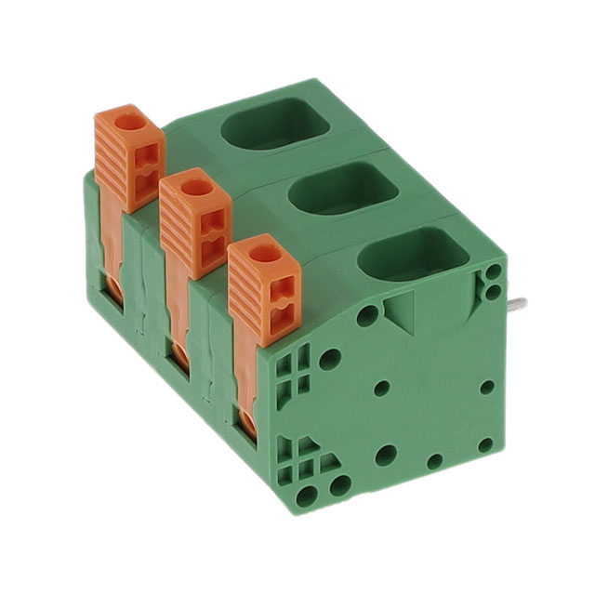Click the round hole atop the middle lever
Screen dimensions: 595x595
pyautogui.click(x=196, y=186)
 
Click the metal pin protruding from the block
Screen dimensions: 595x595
pyautogui.click(x=517, y=304)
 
